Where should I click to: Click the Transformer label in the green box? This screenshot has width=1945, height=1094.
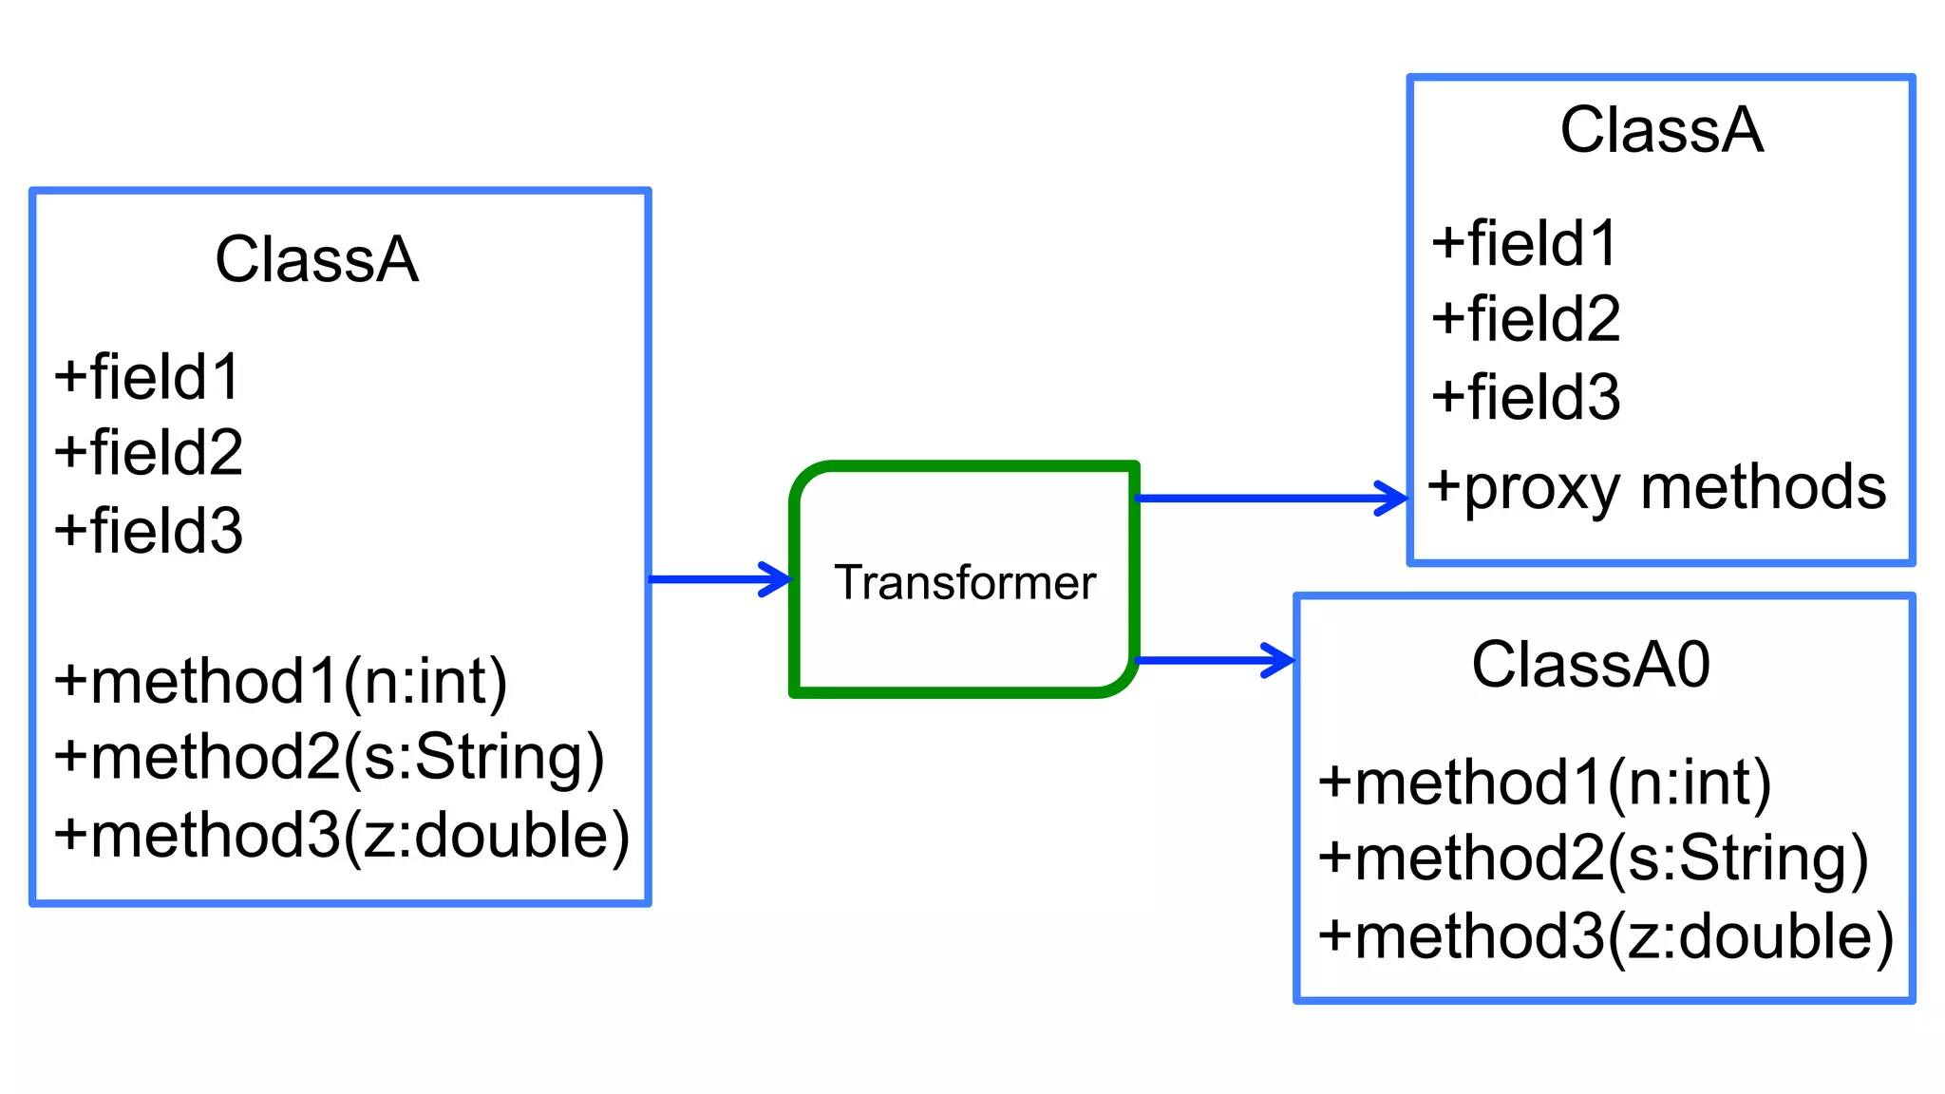tap(964, 582)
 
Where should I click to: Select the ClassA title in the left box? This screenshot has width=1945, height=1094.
tap(316, 259)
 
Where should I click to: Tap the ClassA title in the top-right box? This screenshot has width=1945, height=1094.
tap(1661, 130)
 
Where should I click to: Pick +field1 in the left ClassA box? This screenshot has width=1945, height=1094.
tap(147, 377)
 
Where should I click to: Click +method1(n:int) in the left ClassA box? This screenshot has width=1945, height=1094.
tap(281, 682)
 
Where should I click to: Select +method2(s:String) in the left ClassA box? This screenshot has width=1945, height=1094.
tap(329, 758)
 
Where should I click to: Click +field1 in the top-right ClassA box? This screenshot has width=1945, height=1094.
tap(1524, 243)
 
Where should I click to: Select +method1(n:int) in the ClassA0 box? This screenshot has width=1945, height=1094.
tap(1545, 783)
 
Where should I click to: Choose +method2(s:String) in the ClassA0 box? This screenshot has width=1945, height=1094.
tap(1593, 858)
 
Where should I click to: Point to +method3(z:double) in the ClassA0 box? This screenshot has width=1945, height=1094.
tap(1606, 936)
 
